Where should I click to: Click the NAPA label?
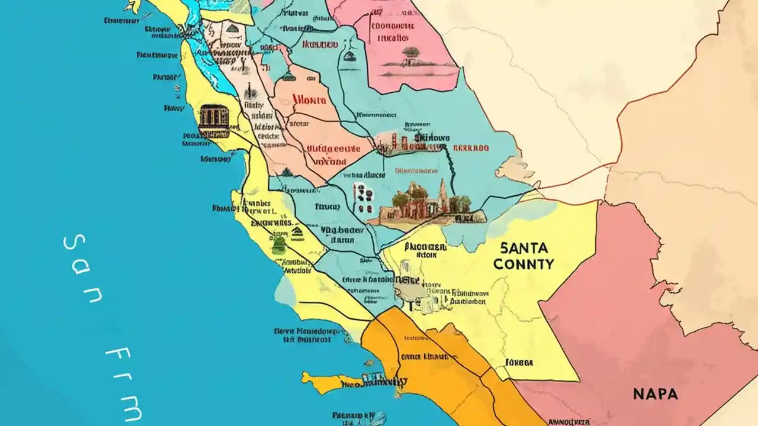656,393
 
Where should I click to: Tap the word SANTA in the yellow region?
523,248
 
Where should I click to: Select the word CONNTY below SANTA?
523,264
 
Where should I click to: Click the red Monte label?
309,101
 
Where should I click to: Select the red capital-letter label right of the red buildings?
471,148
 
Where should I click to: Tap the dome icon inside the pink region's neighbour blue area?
349,57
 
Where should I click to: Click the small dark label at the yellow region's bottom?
519,362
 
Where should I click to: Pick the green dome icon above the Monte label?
288,75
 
